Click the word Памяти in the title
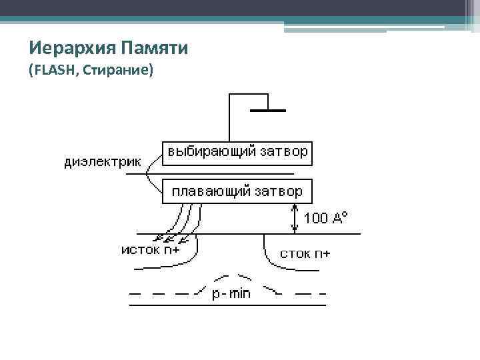[154, 48]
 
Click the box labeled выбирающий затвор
[238, 153]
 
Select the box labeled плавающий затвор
[238, 191]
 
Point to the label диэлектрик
[103, 161]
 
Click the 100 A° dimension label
[325, 217]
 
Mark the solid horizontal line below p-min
[227, 306]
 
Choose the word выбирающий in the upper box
[211, 153]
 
